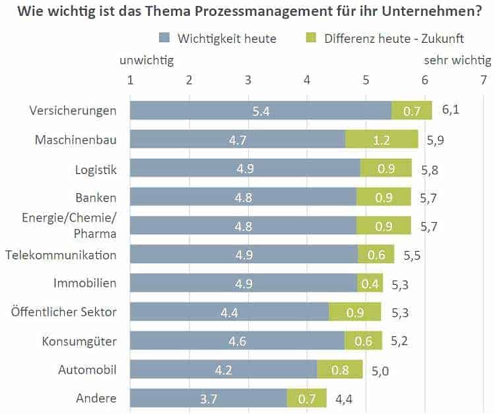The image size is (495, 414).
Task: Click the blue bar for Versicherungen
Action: (261, 111)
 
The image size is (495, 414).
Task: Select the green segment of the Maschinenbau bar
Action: (381, 139)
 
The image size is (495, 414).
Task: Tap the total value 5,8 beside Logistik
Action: (430, 169)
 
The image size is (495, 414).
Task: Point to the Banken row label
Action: (96, 198)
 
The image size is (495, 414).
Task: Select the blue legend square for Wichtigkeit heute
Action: (165, 38)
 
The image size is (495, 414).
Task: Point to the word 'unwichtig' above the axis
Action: (147, 61)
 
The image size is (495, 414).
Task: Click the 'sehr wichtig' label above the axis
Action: (457, 61)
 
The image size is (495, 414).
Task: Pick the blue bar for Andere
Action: (209, 398)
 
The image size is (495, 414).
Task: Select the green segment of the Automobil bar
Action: (340, 370)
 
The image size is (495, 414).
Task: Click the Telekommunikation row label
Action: (61, 254)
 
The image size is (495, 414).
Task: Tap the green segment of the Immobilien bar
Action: (370, 283)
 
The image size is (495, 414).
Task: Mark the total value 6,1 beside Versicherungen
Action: (450, 110)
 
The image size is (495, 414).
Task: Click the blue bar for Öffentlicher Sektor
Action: (229, 312)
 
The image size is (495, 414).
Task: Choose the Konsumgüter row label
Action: (79, 341)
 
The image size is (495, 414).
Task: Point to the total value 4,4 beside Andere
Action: (344, 398)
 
